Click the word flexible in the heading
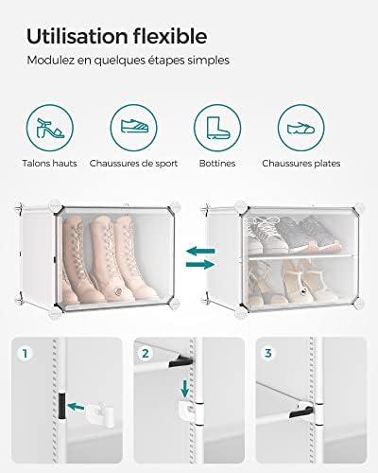170,36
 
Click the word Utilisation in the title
77,36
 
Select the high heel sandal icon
50,128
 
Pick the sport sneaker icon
134,126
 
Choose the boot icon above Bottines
217,128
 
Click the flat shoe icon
301,128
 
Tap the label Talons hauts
49,164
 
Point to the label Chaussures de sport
133,164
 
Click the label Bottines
217,164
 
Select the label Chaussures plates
301,164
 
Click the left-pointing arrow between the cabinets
200,252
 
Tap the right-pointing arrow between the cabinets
200,264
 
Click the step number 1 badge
25,354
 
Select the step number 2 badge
146,354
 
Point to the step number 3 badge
268,353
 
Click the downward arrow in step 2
185,389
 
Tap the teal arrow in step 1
76,407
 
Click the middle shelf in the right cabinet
301,256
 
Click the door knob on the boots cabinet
118,291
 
